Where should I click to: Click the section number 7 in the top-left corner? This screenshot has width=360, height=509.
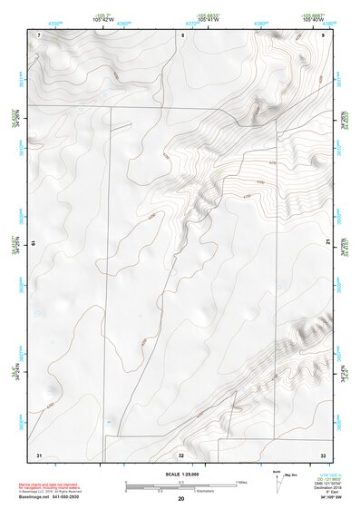[x=39, y=34]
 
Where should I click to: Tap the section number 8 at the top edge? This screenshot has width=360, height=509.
[x=182, y=34]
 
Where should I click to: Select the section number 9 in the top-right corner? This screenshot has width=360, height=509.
[x=324, y=34]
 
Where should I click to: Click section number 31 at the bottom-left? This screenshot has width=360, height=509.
[x=38, y=454]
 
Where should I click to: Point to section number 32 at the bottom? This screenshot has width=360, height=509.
[x=181, y=454]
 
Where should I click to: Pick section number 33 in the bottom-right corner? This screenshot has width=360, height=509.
[x=323, y=454]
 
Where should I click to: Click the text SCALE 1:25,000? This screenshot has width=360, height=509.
[x=181, y=474]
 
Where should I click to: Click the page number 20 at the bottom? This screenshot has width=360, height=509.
[x=181, y=500]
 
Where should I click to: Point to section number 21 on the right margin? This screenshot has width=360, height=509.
[x=329, y=243]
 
